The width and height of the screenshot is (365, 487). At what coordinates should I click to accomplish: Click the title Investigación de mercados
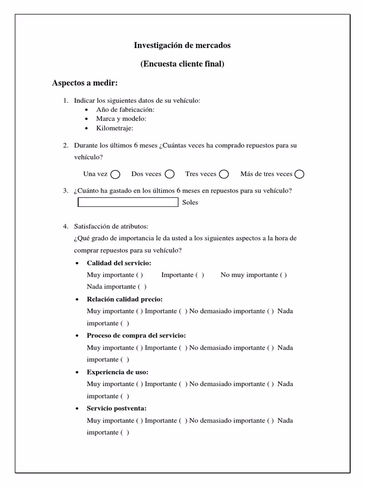[182, 46]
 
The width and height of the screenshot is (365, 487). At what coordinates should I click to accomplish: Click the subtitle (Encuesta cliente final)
[182, 64]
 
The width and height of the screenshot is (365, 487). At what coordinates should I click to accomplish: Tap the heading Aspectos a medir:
[85, 83]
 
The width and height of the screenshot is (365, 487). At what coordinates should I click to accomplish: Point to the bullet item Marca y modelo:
[121, 119]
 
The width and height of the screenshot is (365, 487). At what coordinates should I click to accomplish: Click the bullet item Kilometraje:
[115, 128]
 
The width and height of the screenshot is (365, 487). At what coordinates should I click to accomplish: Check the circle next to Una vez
[115, 175]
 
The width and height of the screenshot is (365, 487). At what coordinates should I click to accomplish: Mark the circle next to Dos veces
[170, 175]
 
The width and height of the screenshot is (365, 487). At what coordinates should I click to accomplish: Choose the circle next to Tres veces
[224, 175]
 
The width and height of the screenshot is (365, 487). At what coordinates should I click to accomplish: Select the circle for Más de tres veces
[299, 175]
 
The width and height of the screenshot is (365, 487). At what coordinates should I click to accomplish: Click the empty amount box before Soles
[128, 203]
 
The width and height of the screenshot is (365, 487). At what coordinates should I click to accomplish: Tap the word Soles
[190, 203]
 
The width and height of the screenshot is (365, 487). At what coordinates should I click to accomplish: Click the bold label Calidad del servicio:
[119, 263]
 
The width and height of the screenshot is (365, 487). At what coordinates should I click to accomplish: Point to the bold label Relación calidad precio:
[125, 300]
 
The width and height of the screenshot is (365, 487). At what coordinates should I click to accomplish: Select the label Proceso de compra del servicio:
[136, 336]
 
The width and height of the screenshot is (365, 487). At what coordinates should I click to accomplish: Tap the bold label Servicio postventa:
[116, 409]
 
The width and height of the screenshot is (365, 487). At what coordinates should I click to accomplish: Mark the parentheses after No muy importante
[283, 275]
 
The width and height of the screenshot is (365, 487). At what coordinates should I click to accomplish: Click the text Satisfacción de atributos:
[111, 226]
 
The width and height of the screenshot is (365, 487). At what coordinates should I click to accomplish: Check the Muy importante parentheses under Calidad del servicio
[140, 275]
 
